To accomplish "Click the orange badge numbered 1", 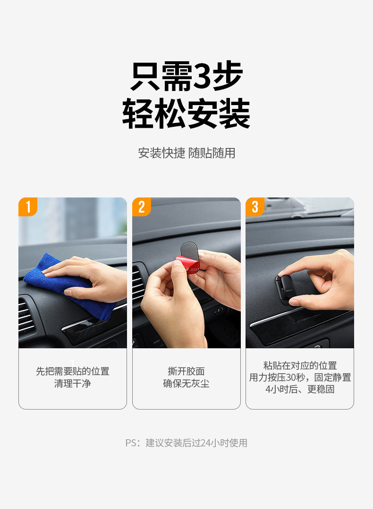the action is click(28, 206).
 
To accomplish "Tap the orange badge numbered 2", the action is click(142, 206).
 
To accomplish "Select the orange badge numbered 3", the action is click(255, 206).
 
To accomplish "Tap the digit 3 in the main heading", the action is click(203, 75).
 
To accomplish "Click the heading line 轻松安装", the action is click(186, 113).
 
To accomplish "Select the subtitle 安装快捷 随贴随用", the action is click(186, 153).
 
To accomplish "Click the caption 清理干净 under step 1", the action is click(73, 383).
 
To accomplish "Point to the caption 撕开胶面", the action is click(186, 371).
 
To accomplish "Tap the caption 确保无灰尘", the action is click(186, 383).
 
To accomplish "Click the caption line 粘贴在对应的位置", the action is click(300, 366).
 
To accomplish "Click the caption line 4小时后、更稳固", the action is click(300, 389).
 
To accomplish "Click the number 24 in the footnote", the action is click(206, 443).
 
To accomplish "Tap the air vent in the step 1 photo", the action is click(26, 316).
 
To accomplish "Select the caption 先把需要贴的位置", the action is click(73, 371).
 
